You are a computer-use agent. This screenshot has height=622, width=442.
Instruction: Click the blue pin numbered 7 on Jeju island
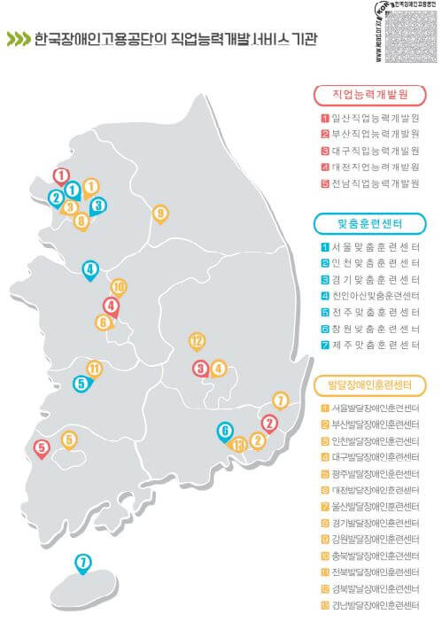[82, 563]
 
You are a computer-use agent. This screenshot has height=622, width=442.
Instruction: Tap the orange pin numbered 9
[160, 214]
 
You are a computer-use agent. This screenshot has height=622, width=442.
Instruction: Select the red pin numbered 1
[61, 176]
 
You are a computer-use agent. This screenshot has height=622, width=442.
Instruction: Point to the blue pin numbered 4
[89, 269]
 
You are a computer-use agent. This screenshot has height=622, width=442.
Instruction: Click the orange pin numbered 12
[197, 341]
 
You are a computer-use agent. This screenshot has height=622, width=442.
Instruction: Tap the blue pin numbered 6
[226, 432]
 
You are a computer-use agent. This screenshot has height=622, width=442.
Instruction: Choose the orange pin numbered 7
[281, 400]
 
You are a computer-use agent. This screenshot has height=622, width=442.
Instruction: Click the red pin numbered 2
[269, 424]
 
